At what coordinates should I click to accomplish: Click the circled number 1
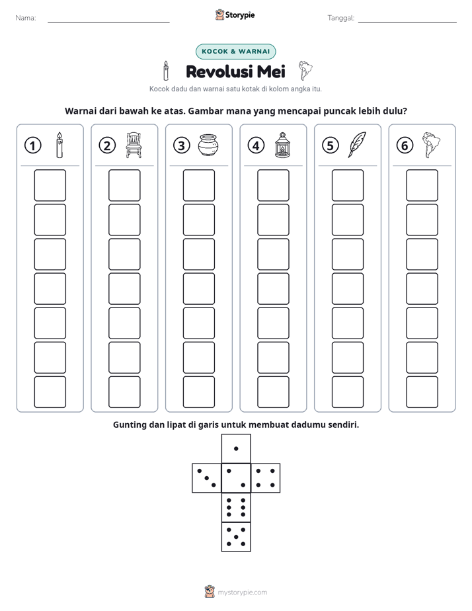click(32, 145)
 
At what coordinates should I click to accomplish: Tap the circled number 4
click(256, 145)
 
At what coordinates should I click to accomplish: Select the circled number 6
click(405, 145)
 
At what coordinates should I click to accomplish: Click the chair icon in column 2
click(134, 145)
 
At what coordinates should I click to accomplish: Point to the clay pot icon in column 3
click(208, 145)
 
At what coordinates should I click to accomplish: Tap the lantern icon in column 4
click(282, 145)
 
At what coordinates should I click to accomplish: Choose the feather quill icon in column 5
click(357, 145)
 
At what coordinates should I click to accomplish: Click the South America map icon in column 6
click(431, 145)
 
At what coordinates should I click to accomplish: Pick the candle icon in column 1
click(59, 145)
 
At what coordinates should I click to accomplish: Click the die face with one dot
click(236, 448)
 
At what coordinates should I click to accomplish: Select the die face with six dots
click(236, 507)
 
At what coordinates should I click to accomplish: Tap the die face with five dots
click(236, 536)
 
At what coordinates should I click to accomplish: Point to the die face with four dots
click(266, 478)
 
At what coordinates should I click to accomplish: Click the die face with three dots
click(207, 478)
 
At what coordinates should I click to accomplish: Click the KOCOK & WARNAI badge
click(235, 52)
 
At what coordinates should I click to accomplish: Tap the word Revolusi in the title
click(219, 71)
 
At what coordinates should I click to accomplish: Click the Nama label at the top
click(26, 18)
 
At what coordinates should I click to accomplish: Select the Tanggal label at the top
click(340, 18)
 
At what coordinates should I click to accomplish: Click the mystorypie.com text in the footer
click(242, 592)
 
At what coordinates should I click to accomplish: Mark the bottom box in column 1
click(50, 392)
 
